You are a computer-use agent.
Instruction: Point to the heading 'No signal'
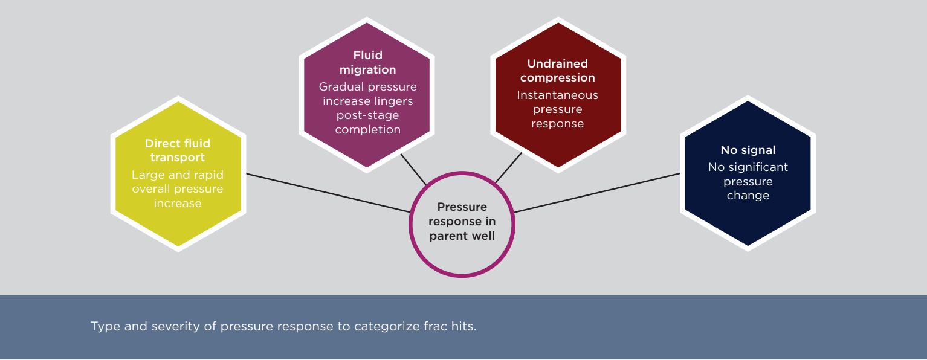coord(748,150)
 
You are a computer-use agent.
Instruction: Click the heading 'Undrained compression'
coord(557,71)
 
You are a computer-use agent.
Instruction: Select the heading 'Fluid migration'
coord(367,63)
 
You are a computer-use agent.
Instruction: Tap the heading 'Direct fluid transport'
coord(178,150)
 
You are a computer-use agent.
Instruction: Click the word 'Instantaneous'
coord(557,95)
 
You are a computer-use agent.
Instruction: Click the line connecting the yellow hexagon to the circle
coord(326,193)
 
